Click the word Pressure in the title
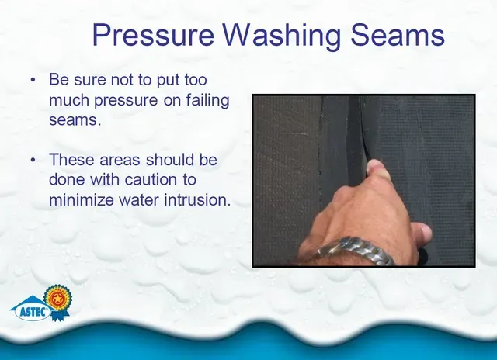[x=154, y=35]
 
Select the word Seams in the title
[x=398, y=35]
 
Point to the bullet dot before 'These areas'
[x=33, y=160]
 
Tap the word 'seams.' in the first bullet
[x=75, y=120]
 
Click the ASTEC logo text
[x=34, y=312]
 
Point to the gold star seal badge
[x=57, y=298]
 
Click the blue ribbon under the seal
[x=60, y=315]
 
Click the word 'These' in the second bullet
[x=71, y=159]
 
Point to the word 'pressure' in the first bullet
[x=126, y=101]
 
